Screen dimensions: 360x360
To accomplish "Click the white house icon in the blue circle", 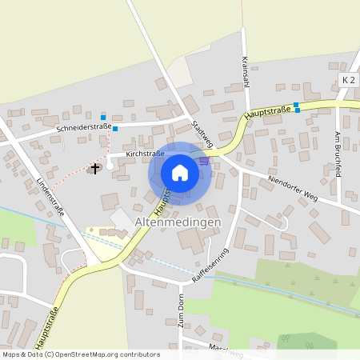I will [x=180, y=173].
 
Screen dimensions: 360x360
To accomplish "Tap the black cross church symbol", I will [x=95, y=168].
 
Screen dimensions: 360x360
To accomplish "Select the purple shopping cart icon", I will [x=205, y=160].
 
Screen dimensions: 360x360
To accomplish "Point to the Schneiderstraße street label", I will [x=83, y=127].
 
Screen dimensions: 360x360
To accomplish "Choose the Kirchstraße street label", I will [x=145, y=154].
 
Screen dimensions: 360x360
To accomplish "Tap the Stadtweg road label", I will [x=202, y=133].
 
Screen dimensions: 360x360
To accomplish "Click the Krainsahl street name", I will [x=245, y=73].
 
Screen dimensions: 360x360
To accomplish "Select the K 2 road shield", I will [x=348, y=80].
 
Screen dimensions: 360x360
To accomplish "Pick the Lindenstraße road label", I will [x=50, y=196].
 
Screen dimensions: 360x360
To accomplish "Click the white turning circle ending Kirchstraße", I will [x=110, y=166].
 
